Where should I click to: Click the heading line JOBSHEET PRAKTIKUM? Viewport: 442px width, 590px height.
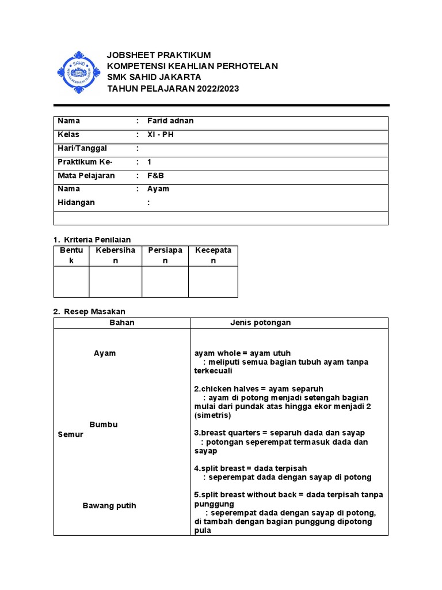coord(159,55)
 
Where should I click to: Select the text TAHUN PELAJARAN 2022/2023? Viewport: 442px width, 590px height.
coord(173,89)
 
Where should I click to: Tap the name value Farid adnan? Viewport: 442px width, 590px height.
coord(171,121)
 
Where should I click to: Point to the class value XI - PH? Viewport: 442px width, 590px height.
coord(161,134)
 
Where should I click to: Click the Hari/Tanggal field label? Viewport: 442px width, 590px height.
coord(82,148)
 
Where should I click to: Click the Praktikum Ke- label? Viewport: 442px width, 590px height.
coord(85,162)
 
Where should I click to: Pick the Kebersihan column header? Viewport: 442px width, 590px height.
coord(115,255)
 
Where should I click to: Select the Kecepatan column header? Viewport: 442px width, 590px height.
coord(213,255)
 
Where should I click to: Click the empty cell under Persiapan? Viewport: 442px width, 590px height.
coord(165,282)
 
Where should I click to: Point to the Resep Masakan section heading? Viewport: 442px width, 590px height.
coord(93,311)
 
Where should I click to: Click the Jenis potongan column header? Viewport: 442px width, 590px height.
coord(260,323)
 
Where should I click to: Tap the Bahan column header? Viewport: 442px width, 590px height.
coord(122,323)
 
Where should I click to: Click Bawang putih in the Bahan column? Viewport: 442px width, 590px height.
coord(109,506)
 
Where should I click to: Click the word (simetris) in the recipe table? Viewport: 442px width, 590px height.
coord(213,415)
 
